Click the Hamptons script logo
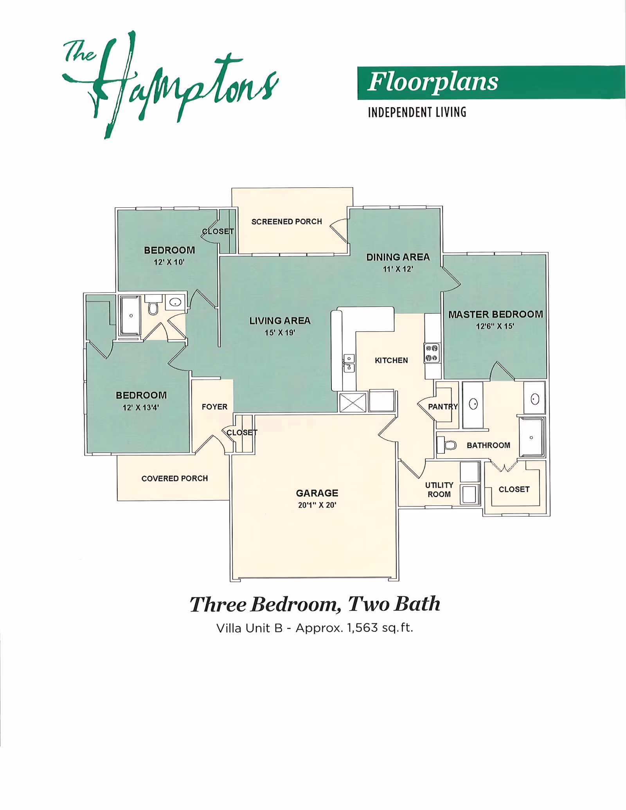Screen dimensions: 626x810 [170, 84]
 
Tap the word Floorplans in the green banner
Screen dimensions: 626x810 [433, 82]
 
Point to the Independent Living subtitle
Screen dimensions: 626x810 [417, 113]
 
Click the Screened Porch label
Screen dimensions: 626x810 [287, 222]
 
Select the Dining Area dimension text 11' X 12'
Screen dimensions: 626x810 [398, 269]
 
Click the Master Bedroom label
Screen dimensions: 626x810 [496, 314]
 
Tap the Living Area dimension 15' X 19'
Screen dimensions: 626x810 [280, 333]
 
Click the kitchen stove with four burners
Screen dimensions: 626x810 [432, 353]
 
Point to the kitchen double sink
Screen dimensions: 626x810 [349, 363]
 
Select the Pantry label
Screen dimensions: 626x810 [443, 407]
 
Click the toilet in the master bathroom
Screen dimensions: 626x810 [447, 445]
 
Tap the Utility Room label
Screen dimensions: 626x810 [439, 490]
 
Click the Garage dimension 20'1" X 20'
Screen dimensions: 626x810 [317, 505]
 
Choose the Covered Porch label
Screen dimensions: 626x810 [174, 479]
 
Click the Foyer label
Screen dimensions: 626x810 [214, 407]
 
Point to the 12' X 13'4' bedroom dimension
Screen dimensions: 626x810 [141, 408]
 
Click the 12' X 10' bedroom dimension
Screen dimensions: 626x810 [169, 262]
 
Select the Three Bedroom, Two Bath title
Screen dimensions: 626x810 [315, 604]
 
